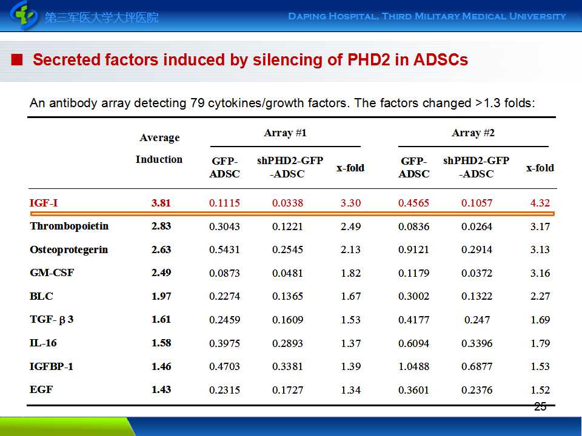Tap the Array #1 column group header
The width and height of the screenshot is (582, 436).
tap(285, 133)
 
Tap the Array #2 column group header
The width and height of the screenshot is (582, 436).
tap(473, 133)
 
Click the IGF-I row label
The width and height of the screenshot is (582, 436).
tap(44, 203)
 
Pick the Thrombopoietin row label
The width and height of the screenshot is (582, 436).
tap(69, 226)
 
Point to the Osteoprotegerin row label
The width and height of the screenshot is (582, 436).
tap(69, 250)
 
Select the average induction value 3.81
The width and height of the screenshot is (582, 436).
tap(161, 203)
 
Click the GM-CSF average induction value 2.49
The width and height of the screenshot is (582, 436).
tap(161, 273)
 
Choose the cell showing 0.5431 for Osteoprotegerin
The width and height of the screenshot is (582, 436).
tap(224, 250)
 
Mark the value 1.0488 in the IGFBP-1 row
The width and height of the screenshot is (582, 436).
tap(413, 367)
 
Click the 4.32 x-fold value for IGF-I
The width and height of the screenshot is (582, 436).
tap(540, 203)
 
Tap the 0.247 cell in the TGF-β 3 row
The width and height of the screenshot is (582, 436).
tap(477, 320)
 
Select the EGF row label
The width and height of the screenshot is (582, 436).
tap(41, 390)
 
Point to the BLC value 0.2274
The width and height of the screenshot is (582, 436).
tap(224, 297)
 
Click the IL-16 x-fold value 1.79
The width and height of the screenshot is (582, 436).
tap(540, 343)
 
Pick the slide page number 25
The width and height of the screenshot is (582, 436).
tap(540, 407)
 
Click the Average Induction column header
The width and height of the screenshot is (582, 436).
tap(159, 148)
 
